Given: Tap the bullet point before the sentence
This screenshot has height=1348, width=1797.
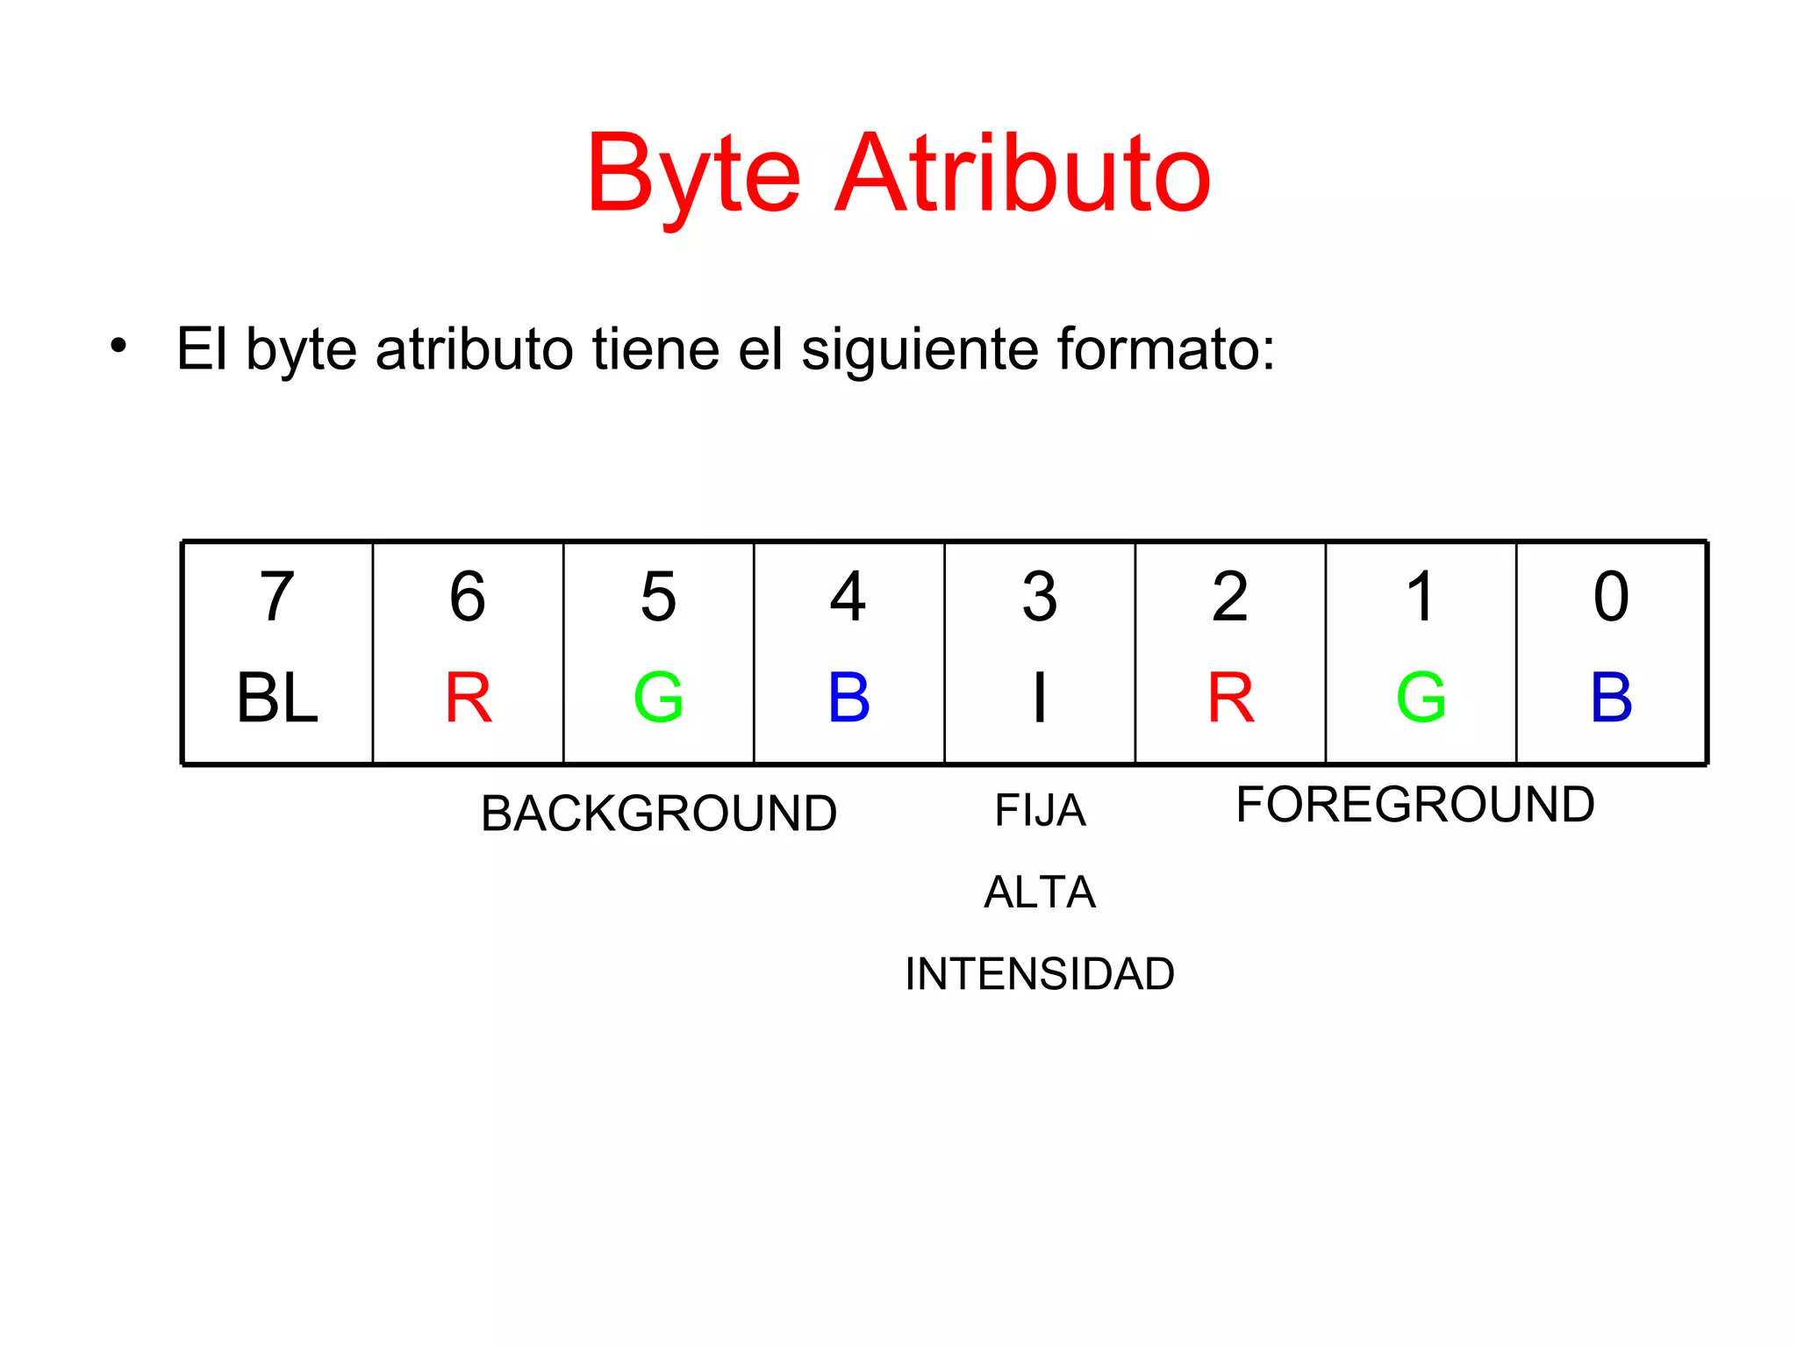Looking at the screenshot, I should pyautogui.click(x=118, y=345).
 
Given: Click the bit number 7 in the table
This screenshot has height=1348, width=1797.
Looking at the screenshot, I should pyautogui.click(x=276, y=597).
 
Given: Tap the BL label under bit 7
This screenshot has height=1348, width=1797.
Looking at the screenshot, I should pyautogui.click(x=276, y=699).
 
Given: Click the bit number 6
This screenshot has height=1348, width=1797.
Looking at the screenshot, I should pyautogui.click(x=468, y=597).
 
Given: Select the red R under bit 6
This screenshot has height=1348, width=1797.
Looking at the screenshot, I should pyautogui.click(x=468, y=699).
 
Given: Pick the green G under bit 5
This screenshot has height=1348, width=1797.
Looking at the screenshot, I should pyautogui.click(x=658, y=699).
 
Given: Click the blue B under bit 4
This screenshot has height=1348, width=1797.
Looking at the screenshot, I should pyautogui.click(x=848, y=699).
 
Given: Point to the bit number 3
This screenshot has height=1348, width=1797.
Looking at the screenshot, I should pyautogui.click(x=1040, y=597).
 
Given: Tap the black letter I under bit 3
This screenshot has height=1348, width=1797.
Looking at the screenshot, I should pyautogui.click(x=1040, y=699).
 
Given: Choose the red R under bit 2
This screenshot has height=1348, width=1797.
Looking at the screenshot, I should pyautogui.click(x=1230, y=699).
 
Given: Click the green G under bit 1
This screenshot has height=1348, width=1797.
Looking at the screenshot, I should pyautogui.click(x=1421, y=699).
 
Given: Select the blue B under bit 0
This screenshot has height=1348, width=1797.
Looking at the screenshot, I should pyautogui.click(x=1611, y=699).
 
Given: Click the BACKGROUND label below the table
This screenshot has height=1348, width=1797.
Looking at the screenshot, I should pyautogui.click(x=658, y=814).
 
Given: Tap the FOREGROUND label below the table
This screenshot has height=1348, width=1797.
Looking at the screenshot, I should pyautogui.click(x=1414, y=805).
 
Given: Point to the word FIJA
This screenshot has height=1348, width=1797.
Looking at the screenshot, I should pyautogui.click(x=1040, y=810).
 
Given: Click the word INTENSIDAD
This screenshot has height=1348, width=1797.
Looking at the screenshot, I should pyautogui.click(x=1040, y=974).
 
